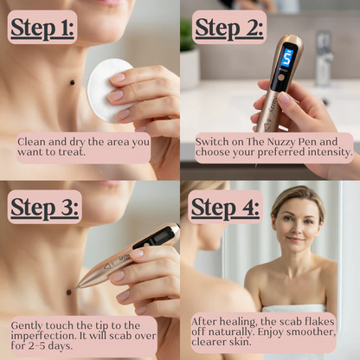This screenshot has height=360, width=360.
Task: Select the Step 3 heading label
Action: (x=44, y=208)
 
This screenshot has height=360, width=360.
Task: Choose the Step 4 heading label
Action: (x=225, y=208)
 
